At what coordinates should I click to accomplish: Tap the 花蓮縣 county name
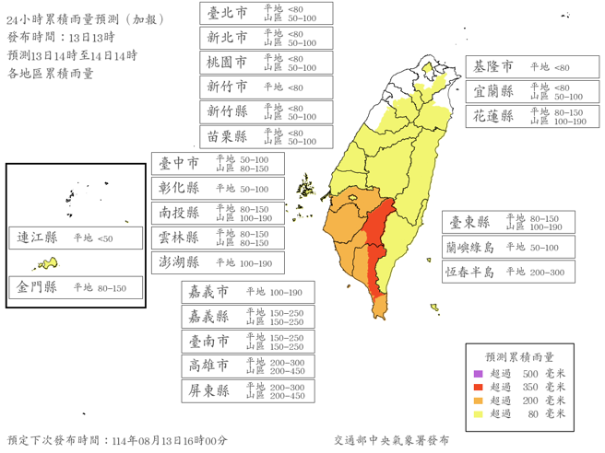[x=493, y=116]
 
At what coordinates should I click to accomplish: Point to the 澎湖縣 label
[x=179, y=262]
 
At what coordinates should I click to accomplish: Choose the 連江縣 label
[x=37, y=238]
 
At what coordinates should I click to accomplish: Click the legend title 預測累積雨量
[x=520, y=356]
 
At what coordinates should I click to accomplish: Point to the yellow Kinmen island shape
[x=47, y=264]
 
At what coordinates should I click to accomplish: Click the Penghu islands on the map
[x=305, y=184]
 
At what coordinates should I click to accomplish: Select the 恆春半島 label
[x=469, y=272]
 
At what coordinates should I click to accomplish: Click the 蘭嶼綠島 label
[x=469, y=247]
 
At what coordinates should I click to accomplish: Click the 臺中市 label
[x=179, y=163]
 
